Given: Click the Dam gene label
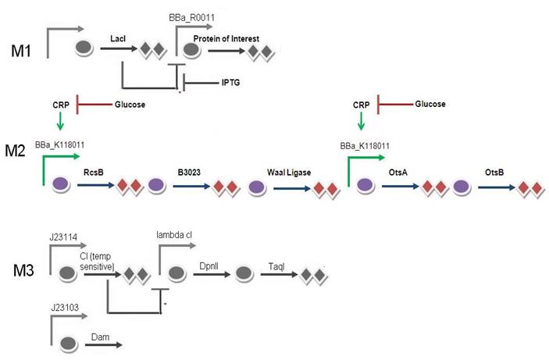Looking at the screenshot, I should pyautogui.click(x=99, y=337).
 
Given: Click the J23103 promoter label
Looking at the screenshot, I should pyautogui.click(x=63, y=312).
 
